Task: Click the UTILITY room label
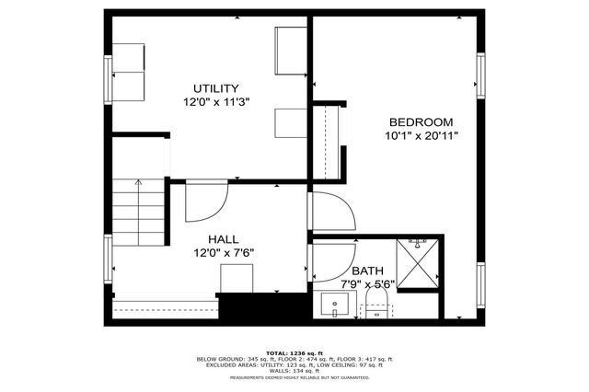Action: coord(216,88)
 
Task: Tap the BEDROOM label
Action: coord(421,122)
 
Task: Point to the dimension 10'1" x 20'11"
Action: coord(421,136)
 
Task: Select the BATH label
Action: coord(367,271)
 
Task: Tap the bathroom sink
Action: coord(332,305)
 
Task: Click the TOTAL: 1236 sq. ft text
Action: coord(294,352)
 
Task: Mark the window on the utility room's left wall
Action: coord(108,78)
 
